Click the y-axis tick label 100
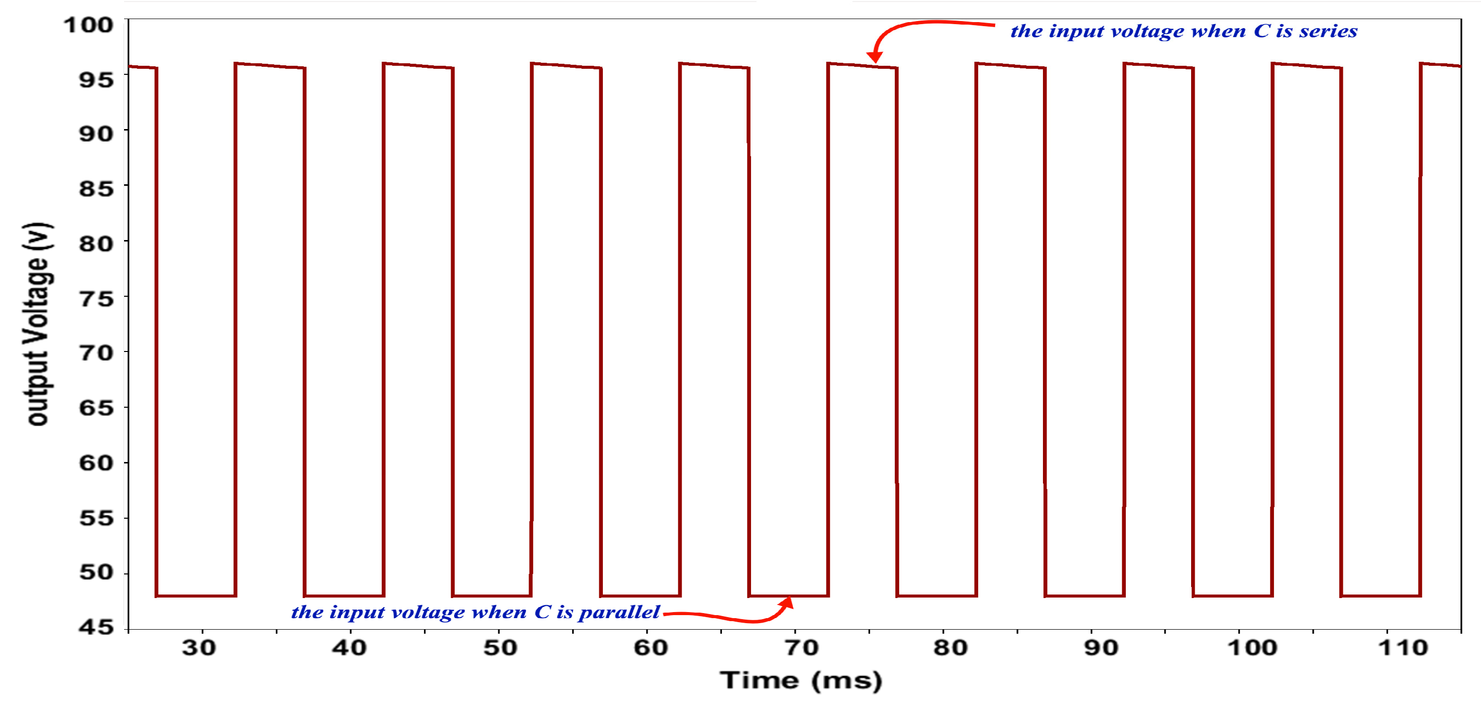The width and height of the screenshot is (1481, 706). (88, 25)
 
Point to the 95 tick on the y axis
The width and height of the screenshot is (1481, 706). (96, 79)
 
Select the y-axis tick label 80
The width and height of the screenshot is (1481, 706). (96, 244)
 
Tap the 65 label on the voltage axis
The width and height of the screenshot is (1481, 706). (96, 408)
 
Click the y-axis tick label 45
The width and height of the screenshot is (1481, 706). (96, 626)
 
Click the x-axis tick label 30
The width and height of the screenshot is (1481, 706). (199, 648)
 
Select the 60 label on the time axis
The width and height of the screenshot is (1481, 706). (651, 648)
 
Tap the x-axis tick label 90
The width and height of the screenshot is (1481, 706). (1101, 648)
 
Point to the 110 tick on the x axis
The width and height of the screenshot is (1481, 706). (1403, 648)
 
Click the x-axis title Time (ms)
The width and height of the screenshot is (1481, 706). (800, 681)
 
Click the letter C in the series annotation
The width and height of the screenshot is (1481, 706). (1261, 31)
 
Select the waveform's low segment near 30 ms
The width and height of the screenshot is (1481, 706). (195, 596)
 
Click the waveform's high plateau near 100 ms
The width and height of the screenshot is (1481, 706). (1306, 65)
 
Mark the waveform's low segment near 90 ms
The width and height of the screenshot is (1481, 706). (1084, 596)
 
